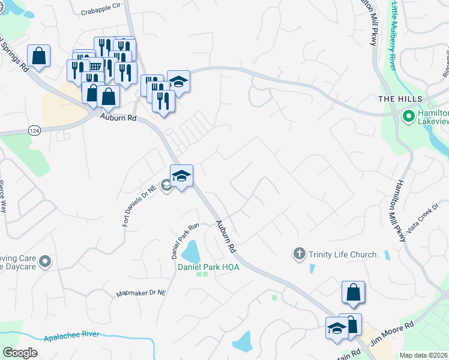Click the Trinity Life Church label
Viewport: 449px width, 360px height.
pos(342,254)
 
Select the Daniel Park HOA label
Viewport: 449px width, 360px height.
pos(208,267)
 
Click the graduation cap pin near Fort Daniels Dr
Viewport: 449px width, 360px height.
pos(181,176)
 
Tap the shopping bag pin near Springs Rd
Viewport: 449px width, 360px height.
pos(38,57)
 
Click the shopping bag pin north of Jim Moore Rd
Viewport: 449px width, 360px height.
pos(354,292)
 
